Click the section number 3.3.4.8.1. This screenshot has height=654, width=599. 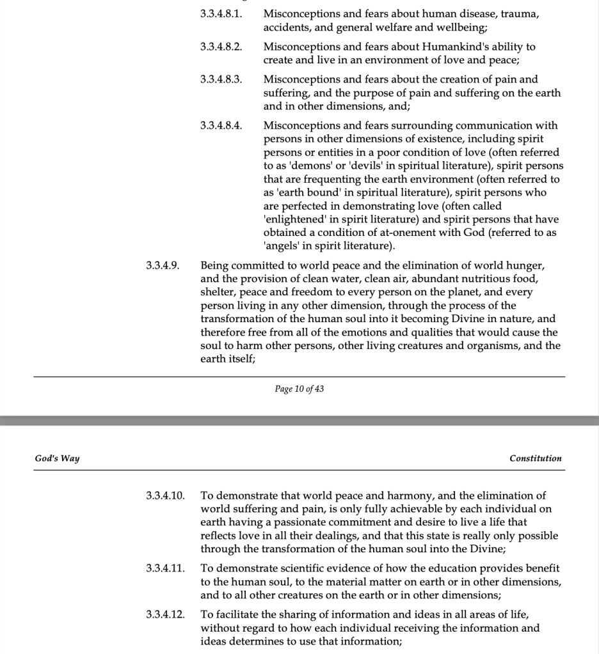(x=221, y=13)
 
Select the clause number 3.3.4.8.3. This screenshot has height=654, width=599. (x=221, y=80)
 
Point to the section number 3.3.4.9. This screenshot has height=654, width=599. (x=163, y=265)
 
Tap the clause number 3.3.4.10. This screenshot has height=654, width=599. (x=165, y=495)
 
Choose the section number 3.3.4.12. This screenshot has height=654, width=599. (x=165, y=614)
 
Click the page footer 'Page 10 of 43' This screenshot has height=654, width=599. (x=299, y=389)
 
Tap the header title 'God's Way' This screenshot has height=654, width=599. (x=57, y=458)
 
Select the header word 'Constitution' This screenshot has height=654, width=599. (x=536, y=458)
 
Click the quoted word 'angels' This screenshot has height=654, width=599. (x=282, y=246)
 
